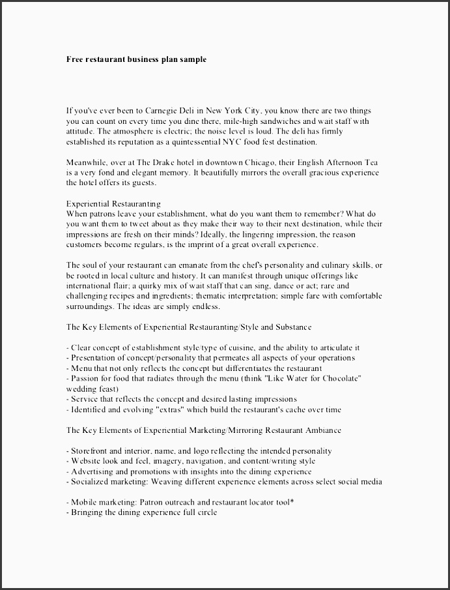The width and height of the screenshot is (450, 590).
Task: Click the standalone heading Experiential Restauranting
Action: tap(113, 203)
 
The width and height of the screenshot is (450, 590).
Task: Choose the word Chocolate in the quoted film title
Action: tap(341, 378)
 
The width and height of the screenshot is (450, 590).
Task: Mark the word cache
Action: tap(290, 409)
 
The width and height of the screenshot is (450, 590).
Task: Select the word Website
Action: tap(86, 461)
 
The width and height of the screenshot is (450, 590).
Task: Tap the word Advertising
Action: tap(92, 471)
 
